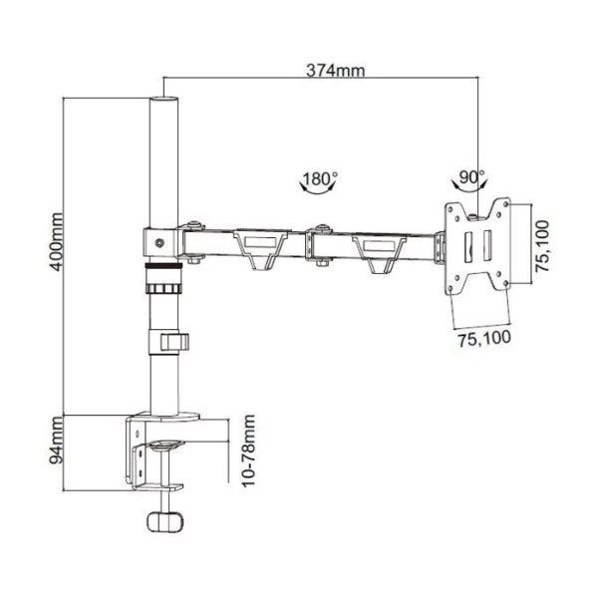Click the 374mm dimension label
click(336, 71)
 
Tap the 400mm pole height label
click(57, 242)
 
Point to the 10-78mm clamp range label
click(248, 450)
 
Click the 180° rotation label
click(320, 178)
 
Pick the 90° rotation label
click(471, 177)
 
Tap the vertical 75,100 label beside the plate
click(542, 246)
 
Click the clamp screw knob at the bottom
click(165, 521)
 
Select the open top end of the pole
click(164, 99)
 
